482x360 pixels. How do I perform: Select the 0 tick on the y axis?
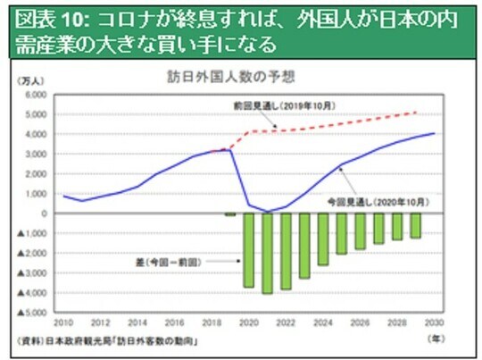coord(42,213)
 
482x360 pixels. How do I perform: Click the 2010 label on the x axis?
coord(63,322)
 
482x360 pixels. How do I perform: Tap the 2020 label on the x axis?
coord(249,322)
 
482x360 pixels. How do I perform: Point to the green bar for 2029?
coord(415,226)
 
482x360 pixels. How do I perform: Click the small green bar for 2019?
coord(230,214)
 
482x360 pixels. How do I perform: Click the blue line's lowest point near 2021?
coord(268,212)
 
